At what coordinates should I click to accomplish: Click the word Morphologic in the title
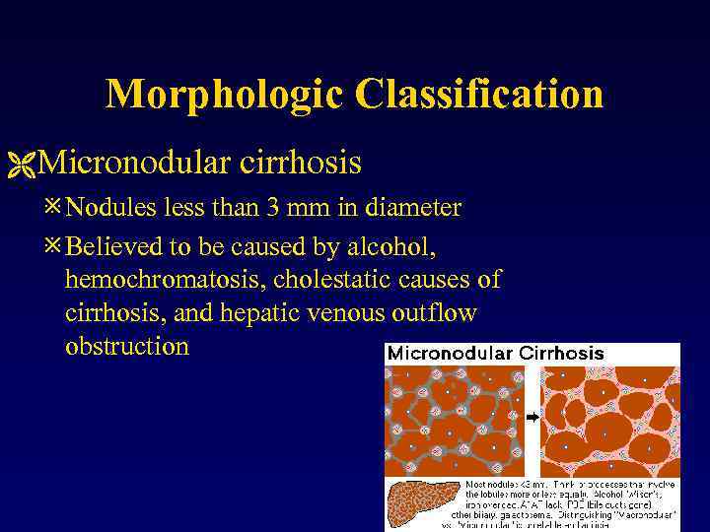[x=225, y=96]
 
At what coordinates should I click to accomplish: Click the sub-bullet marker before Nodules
[x=56, y=208]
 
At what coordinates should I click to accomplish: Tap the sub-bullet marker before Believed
[x=56, y=244]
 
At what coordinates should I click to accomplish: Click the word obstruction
[x=126, y=347]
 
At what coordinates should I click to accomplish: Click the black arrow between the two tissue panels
[x=532, y=418]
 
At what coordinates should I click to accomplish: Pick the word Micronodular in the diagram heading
[x=451, y=353]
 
